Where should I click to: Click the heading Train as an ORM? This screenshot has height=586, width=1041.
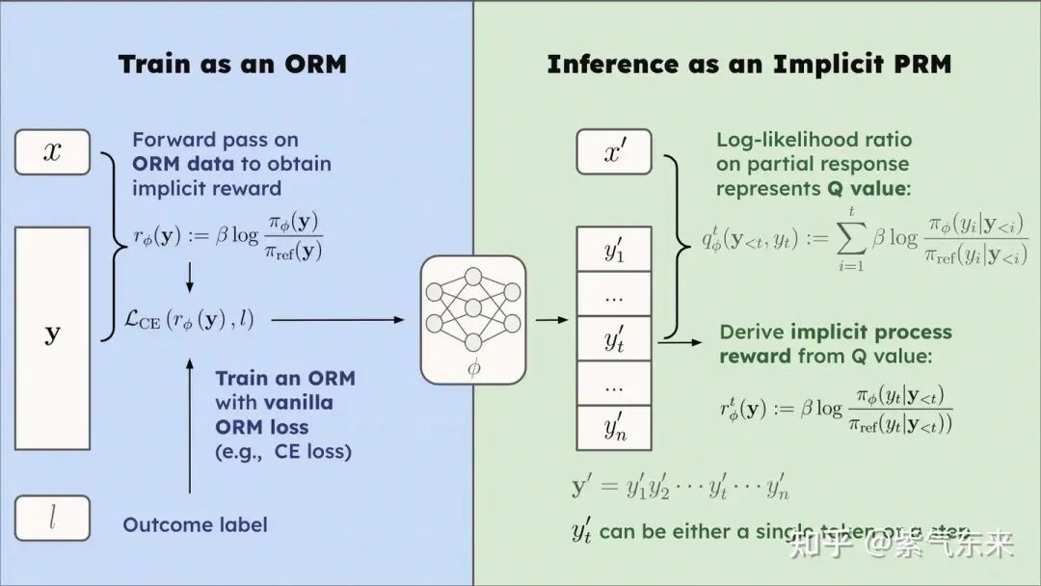click(231, 65)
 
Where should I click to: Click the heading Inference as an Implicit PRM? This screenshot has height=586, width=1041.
click(749, 65)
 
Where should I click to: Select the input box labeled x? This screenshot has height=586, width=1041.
click(52, 152)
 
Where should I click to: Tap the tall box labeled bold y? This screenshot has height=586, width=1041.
click(52, 337)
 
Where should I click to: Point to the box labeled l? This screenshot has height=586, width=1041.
click(52, 519)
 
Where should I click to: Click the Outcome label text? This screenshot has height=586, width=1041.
click(195, 525)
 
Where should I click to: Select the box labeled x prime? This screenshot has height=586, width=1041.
click(614, 152)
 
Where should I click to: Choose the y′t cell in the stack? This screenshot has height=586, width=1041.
click(614, 338)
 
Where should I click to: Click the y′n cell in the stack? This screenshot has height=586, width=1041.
click(614, 427)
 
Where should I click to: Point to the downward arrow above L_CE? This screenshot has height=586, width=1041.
click(189, 276)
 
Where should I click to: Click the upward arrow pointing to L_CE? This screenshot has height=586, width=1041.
click(189, 424)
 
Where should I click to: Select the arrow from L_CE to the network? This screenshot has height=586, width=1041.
click(337, 319)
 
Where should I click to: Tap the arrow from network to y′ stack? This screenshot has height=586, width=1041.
click(551, 319)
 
